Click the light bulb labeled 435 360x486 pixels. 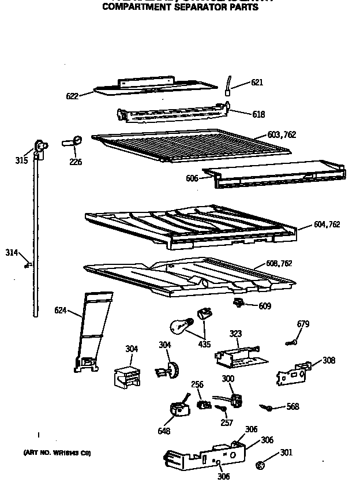tap(180, 326)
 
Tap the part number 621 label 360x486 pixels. tap(257, 83)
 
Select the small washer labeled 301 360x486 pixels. tap(260, 463)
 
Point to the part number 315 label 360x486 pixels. tap(21, 160)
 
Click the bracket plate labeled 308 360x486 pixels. tap(294, 373)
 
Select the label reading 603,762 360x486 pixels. tap(282, 135)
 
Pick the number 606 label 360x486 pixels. tap(192, 178)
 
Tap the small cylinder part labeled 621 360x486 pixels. tap(228, 85)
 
